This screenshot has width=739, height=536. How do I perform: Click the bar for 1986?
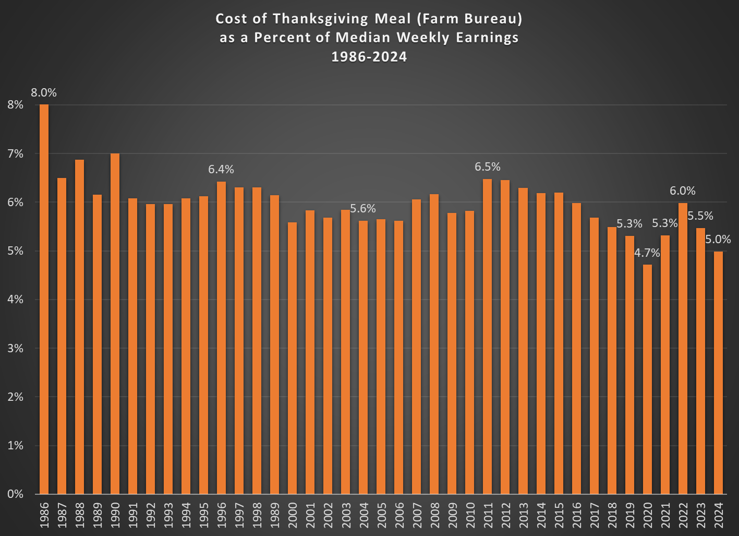(x=44, y=299)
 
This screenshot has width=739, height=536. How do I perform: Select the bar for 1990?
(x=115, y=324)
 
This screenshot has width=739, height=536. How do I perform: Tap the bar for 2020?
(x=647, y=379)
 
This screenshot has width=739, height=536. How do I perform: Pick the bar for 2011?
(x=488, y=337)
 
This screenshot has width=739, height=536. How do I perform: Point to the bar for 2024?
(x=718, y=373)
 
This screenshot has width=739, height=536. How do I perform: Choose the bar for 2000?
(x=293, y=358)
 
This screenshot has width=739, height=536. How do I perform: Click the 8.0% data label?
(x=44, y=93)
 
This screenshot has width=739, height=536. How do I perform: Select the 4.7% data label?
(x=647, y=253)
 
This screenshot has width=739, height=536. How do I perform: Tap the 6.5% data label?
(x=488, y=167)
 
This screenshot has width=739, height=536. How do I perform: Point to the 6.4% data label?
(x=221, y=169)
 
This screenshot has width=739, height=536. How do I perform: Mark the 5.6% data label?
(x=363, y=209)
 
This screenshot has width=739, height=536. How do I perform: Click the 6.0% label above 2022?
(x=683, y=191)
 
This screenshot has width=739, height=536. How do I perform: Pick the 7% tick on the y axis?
(x=16, y=153)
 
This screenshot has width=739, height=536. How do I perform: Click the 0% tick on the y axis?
(x=16, y=494)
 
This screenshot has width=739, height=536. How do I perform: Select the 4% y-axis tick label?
(x=16, y=300)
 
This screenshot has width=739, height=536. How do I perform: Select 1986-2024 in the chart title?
(x=369, y=57)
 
